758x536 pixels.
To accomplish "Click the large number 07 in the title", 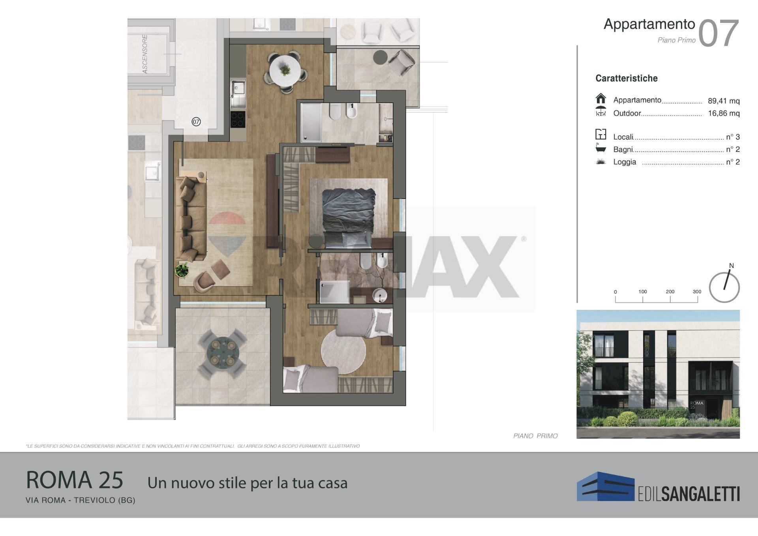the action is pyautogui.click(x=719, y=34).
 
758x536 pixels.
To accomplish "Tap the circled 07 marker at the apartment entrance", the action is pyautogui.click(x=196, y=122).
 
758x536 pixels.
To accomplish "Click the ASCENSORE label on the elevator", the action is pyautogui.click(x=145, y=54).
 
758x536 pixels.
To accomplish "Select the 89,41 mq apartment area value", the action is pyautogui.click(x=724, y=101).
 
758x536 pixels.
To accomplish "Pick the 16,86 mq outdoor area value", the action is pyautogui.click(x=724, y=114).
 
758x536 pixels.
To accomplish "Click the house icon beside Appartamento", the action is pyautogui.click(x=600, y=98).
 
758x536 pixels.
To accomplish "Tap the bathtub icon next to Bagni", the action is pyautogui.click(x=600, y=148).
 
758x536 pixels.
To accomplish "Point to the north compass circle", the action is pyautogui.click(x=724, y=287).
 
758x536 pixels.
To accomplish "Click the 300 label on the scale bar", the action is pyautogui.click(x=697, y=292).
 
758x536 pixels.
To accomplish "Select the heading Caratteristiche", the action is pyautogui.click(x=627, y=78).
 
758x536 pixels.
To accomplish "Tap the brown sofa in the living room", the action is pyautogui.click(x=191, y=219).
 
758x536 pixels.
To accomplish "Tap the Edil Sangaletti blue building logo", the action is pyautogui.click(x=605, y=486).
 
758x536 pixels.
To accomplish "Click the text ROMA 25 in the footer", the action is pyautogui.click(x=75, y=480).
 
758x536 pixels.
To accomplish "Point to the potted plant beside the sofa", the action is pyautogui.click(x=182, y=270).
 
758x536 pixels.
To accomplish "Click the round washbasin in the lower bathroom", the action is pyautogui.click(x=380, y=295).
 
